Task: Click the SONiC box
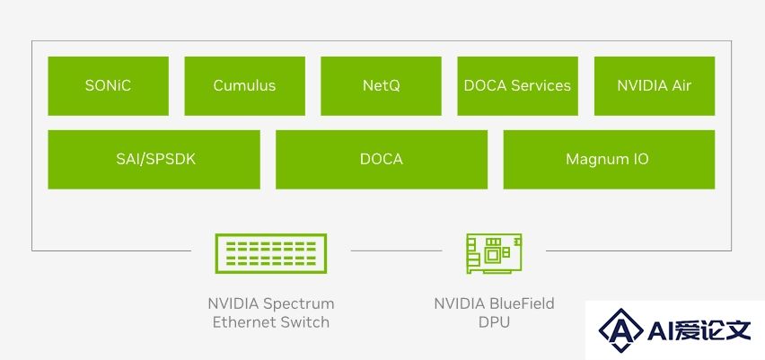tap(109, 86)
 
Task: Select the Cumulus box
tap(244, 86)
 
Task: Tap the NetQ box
tap(381, 86)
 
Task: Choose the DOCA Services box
tap(518, 86)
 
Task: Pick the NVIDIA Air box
tap(655, 86)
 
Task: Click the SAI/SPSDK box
tap(154, 159)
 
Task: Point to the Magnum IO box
tap(609, 159)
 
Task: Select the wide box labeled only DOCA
tap(382, 159)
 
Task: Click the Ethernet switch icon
tap(271, 254)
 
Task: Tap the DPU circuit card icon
tap(494, 254)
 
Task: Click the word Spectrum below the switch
tap(299, 304)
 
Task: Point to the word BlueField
tap(522, 304)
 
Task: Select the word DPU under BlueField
tap(494, 322)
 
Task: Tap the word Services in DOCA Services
tap(541, 86)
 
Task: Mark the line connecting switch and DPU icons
tap(396, 250)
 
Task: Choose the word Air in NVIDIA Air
tap(681, 85)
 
